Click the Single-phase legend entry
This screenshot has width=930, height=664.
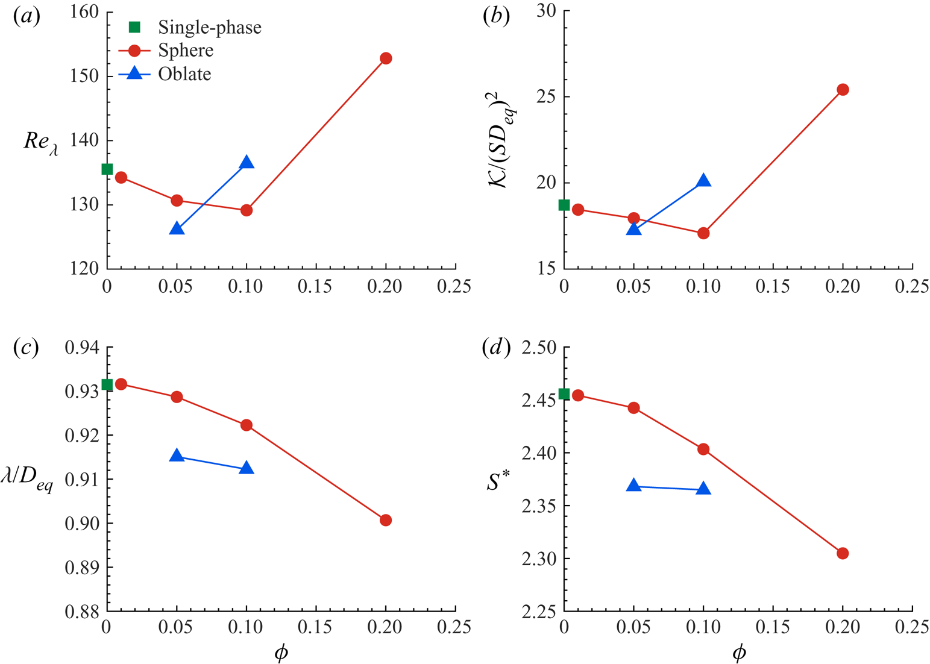coord(209,27)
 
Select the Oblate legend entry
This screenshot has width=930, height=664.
coord(184,74)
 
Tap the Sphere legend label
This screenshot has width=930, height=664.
coord(186,51)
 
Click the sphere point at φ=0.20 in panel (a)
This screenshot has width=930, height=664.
coord(386,58)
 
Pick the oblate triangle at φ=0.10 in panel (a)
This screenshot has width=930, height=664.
coord(247,163)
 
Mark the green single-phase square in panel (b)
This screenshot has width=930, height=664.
coord(564,205)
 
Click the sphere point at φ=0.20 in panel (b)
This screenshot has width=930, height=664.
coord(843,90)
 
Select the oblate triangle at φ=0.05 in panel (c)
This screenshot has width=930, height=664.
coord(177,456)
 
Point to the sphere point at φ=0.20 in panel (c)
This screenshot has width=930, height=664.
coord(386,520)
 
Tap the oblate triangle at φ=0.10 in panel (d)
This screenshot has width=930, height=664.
coord(703,489)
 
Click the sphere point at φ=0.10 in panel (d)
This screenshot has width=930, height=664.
coord(703,449)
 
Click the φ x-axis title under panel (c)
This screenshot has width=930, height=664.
coord(281,653)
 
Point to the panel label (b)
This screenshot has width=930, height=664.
coord(497,17)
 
